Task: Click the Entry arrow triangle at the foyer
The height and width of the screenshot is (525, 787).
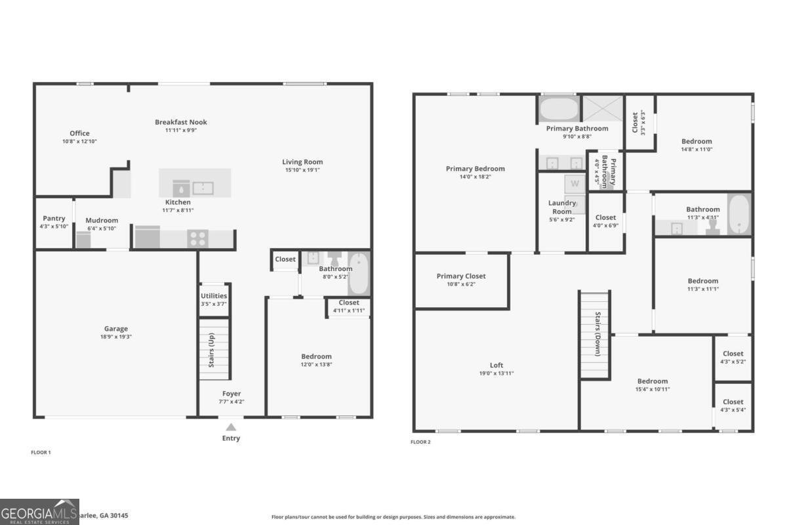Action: click(x=231, y=427)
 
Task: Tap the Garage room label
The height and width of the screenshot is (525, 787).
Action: click(x=116, y=329)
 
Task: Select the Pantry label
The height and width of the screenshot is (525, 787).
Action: click(x=54, y=219)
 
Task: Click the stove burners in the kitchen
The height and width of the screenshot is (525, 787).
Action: click(x=198, y=238)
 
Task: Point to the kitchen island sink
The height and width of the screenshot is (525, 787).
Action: click(x=203, y=188)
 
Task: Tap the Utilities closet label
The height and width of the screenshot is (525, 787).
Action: click(x=214, y=296)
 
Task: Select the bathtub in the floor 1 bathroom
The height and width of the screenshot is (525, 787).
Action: click(x=359, y=273)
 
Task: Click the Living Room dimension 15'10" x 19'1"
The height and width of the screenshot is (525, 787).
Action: click(x=302, y=170)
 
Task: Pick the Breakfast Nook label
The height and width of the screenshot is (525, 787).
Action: click(x=181, y=122)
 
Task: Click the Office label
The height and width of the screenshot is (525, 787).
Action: click(x=79, y=133)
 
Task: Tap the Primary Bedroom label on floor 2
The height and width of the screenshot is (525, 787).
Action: click(x=475, y=169)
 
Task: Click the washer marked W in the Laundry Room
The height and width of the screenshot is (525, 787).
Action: click(x=575, y=184)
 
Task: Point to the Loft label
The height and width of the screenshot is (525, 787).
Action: click(x=497, y=366)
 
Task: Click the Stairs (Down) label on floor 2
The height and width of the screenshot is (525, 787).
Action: click(x=597, y=335)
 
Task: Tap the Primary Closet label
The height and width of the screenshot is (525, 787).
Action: click(x=461, y=276)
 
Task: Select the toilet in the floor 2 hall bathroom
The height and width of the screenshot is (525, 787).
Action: click(x=713, y=225)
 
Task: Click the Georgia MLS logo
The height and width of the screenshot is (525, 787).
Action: click(x=39, y=512)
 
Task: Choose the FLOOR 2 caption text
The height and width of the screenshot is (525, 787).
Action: click(x=420, y=442)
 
